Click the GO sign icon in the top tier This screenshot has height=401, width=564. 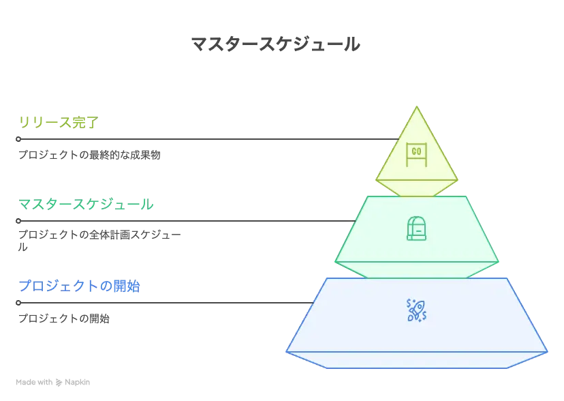click(x=416, y=153)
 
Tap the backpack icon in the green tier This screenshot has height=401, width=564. click(x=416, y=228)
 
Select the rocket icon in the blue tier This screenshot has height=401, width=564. click(x=416, y=310)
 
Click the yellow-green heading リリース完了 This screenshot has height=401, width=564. click(x=57, y=123)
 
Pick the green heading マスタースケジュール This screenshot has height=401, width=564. click(x=86, y=204)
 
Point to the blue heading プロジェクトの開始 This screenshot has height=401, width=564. click(x=78, y=286)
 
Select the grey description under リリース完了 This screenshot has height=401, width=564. click(x=90, y=155)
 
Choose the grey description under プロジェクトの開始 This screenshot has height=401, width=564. click(x=65, y=318)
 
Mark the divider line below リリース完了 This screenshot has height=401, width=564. click(x=204, y=139)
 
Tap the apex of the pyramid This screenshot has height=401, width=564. click(x=416, y=107)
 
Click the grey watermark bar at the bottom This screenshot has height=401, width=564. click(x=54, y=382)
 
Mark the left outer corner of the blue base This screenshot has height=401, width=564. click(x=287, y=351)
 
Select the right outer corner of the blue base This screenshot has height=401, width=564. click(x=546, y=351)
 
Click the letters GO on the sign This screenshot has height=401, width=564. click(x=416, y=151)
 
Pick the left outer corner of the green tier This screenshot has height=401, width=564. click(x=335, y=262)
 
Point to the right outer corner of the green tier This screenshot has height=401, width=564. click(x=499, y=262)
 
